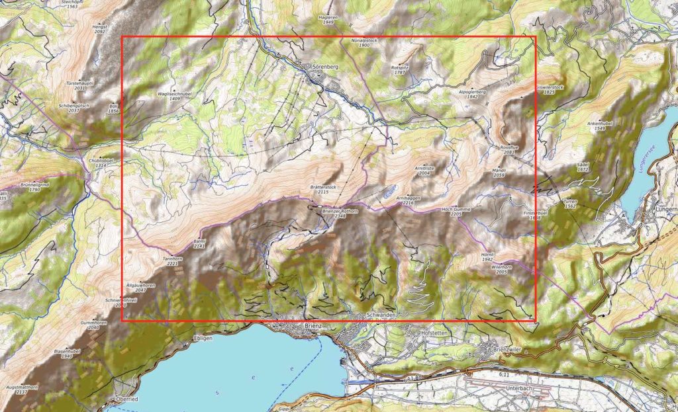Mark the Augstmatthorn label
pos(21,388)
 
